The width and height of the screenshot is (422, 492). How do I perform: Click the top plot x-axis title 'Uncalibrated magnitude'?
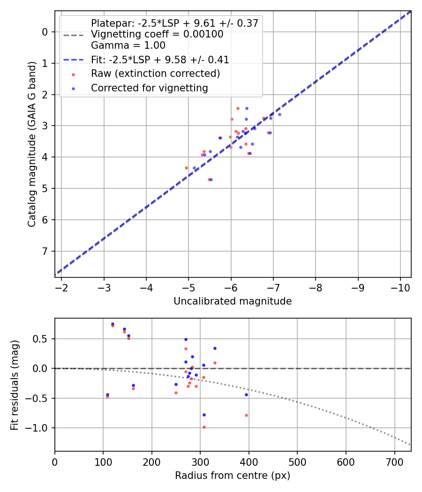233,301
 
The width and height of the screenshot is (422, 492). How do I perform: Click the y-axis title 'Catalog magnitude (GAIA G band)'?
31,144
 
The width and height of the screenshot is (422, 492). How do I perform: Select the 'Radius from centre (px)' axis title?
233,476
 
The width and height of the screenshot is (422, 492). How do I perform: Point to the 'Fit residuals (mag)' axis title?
15,385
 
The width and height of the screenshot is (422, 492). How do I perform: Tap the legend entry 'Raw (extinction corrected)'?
155,74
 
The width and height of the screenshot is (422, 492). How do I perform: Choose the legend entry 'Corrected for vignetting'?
150,88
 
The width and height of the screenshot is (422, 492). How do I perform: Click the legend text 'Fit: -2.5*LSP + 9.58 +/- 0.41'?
160,60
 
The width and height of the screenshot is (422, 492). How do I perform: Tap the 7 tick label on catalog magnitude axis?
45,252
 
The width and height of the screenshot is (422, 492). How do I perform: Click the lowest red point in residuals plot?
204,427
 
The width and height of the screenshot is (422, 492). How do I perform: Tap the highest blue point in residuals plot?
113,324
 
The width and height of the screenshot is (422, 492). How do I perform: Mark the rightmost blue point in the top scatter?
279,114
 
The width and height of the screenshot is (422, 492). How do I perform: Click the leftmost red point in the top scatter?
186,168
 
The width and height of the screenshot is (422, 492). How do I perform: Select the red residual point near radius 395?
246,415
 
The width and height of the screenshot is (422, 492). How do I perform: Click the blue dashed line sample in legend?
74,60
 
